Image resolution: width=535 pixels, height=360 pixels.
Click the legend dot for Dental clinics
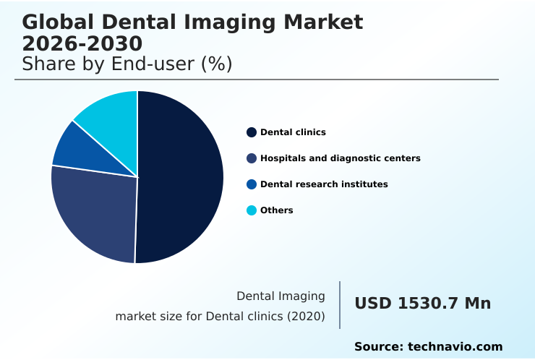[x=252, y=132]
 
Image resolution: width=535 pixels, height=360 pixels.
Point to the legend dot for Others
[x=252, y=210]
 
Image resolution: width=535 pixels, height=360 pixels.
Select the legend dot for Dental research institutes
[x=252, y=184]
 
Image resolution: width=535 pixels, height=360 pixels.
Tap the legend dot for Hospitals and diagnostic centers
[x=252, y=158]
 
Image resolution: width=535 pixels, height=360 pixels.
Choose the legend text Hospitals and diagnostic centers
[x=340, y=158]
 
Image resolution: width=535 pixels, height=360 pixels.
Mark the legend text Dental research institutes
[x=324, y=184]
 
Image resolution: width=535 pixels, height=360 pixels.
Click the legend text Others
[x=277, y=210]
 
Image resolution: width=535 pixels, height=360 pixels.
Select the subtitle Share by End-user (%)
[x=127, y=64]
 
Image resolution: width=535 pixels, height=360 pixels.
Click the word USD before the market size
[x=373, y=304]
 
